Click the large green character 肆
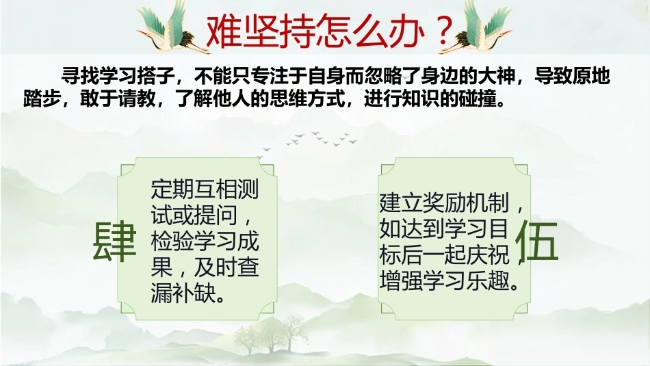point(114,241)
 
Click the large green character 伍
point(537,240)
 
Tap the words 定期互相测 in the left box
point(205,189)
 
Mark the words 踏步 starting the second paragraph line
point(42,99)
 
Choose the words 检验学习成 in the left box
point(205,241)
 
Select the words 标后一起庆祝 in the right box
point(444,254)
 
